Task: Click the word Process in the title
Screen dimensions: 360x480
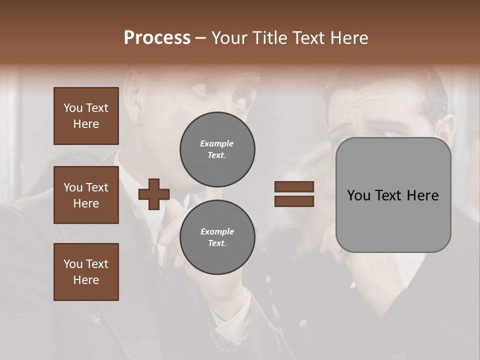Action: (157, 38)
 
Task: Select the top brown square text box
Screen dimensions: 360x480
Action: (86, 116)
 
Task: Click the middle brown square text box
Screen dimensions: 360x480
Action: (86, 195)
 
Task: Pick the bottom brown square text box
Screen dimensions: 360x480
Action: (86, 272)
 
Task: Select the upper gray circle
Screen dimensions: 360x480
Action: (217, 149)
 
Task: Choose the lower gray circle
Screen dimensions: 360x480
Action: (217, 237)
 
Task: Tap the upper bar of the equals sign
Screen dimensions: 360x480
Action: (294, 187)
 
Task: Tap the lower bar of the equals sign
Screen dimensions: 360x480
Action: (294, 201)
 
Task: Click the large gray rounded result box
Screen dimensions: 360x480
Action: (393, 195)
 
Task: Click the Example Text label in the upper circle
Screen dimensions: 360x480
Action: (217, 149)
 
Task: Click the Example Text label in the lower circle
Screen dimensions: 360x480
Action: (217, 237)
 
